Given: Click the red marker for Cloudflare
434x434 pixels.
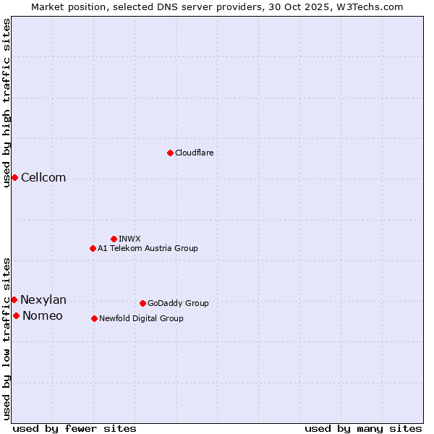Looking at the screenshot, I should [x=170, y=153].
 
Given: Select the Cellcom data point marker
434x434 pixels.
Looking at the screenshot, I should [x=14, y=177].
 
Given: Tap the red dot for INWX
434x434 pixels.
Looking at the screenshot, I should [x=114, y=239].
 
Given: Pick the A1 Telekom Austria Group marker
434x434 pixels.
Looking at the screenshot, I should [x=93, y=248].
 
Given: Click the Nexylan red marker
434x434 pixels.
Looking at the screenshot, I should [x=14, y=299].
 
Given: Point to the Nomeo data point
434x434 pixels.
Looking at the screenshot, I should [x=16, y=315].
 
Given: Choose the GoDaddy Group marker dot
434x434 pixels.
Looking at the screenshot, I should [x=142, y=303].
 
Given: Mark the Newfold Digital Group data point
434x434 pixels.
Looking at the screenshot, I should [x=94, y=318].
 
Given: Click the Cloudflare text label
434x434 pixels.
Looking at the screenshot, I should [x=194, y=153].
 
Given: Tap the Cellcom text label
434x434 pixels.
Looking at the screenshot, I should [x=43, y=178].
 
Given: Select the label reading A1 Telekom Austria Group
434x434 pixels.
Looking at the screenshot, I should [x=148, y=248].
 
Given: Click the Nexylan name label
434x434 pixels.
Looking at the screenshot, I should [x=43, y=300].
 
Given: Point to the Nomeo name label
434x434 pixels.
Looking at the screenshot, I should [x=43, y=316].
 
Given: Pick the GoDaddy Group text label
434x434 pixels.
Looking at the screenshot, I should [x=178, y=303].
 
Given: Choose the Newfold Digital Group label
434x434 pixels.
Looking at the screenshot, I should [x=141, y=318].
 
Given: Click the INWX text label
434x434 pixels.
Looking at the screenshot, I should [x=129, y=239].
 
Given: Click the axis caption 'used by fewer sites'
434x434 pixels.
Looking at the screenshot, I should [x=75, y=428].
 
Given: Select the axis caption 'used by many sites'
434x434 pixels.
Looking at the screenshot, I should [x=363, y=428].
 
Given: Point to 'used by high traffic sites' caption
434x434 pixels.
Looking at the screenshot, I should [x=7, y=103].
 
